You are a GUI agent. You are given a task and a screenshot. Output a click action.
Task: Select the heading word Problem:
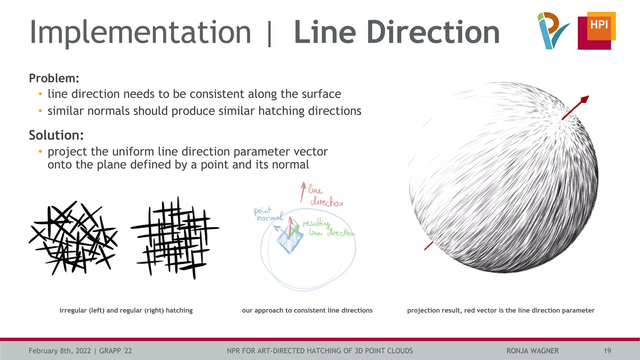(54, 78)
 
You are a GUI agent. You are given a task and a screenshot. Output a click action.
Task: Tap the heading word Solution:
(56, 135)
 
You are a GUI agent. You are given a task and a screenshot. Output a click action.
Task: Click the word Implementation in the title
(140, 32)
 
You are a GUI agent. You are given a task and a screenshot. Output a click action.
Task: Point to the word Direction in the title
(435, 32)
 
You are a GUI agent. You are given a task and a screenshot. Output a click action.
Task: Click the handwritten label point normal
(267, 214)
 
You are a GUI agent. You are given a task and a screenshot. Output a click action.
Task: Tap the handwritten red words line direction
(325, 196)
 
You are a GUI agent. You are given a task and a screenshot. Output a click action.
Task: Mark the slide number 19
(607, 351)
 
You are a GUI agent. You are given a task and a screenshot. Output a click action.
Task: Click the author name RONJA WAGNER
(532, 351)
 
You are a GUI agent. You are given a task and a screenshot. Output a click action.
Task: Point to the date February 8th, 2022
(60, 351)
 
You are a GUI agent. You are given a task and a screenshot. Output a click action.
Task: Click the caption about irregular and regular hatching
(126, 310)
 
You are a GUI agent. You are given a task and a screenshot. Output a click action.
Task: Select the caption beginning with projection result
(501, 310)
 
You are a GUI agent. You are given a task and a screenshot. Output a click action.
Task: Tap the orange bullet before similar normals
(40, 111)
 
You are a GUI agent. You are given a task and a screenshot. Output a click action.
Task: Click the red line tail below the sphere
(428, 246)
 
